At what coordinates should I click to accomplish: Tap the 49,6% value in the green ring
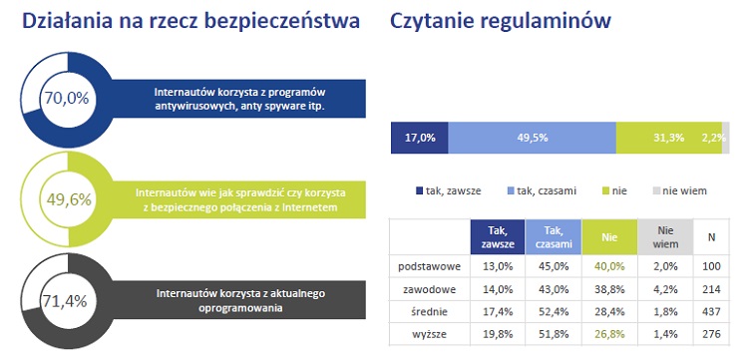point(68,198)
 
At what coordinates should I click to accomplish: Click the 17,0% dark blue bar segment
point(419,138)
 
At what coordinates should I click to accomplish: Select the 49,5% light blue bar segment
point(532,138)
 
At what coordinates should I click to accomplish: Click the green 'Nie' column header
point(608,236)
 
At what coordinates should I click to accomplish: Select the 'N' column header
point(711,236)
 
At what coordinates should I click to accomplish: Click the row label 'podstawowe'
point(427,266)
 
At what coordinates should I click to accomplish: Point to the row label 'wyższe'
point(427,334)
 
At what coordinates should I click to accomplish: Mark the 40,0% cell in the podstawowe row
point(608,266)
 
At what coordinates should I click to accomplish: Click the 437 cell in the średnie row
point(711,311)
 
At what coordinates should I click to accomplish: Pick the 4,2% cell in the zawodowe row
point(665,288)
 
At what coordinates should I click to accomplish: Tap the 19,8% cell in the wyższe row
point(497,334)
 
